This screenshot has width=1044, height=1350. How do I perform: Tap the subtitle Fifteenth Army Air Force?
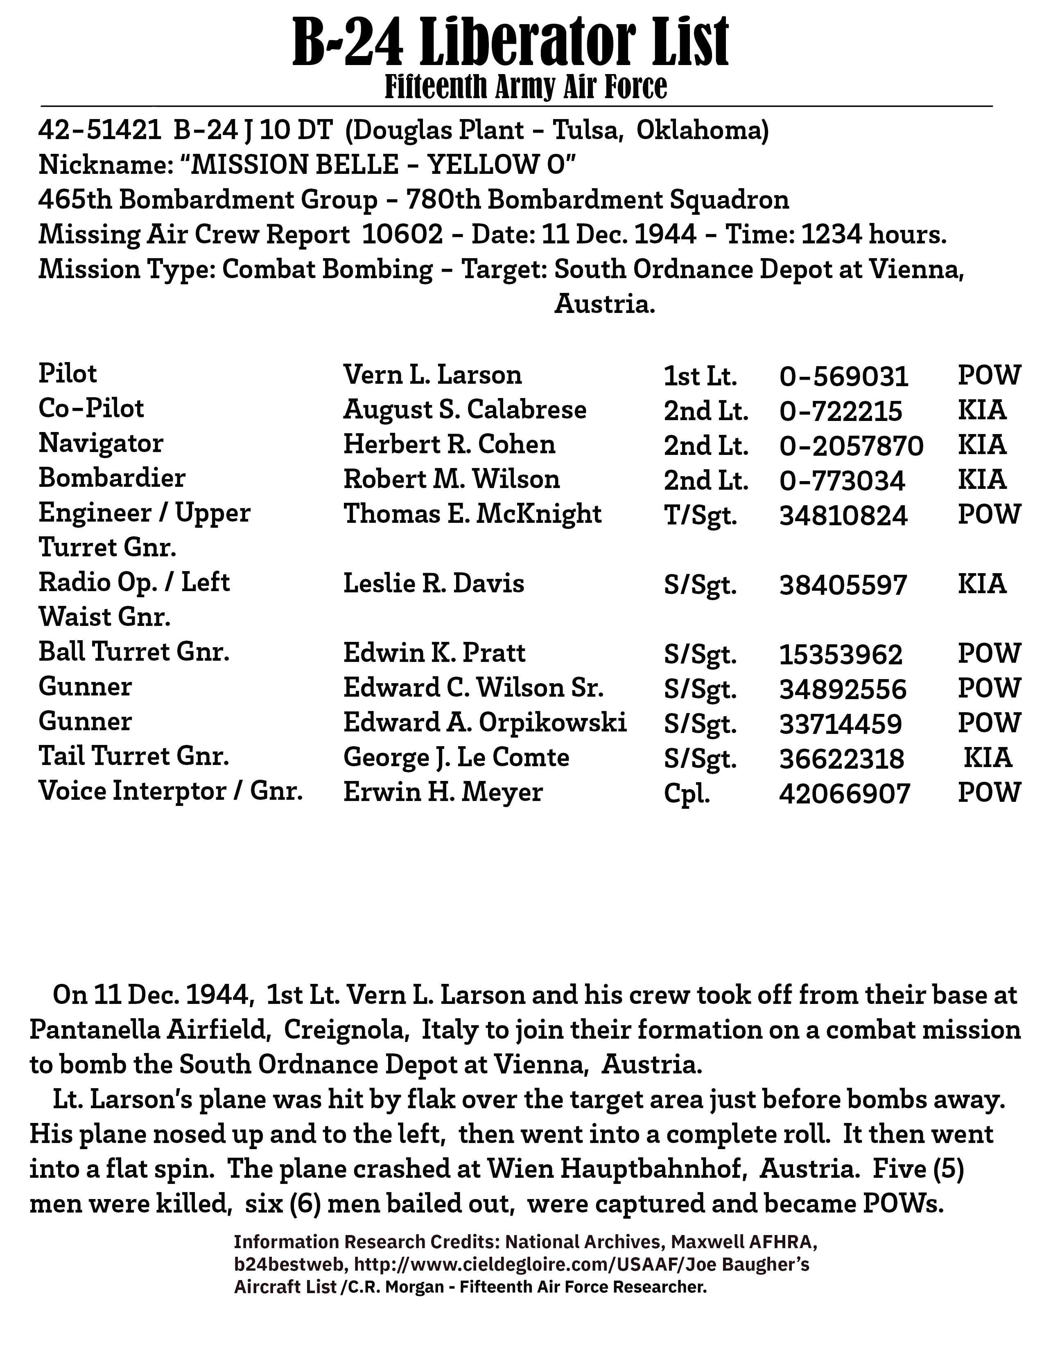tap(526, 87)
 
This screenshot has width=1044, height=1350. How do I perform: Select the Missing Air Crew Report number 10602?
tap(402, 235)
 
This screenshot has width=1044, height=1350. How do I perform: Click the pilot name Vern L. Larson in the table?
tap(432, 375)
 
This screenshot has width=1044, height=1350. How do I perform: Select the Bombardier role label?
tap(112, 479)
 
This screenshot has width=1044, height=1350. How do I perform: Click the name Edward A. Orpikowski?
tap(485, 722)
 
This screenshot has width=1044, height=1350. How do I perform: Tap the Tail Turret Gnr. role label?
tap(133, 756)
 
